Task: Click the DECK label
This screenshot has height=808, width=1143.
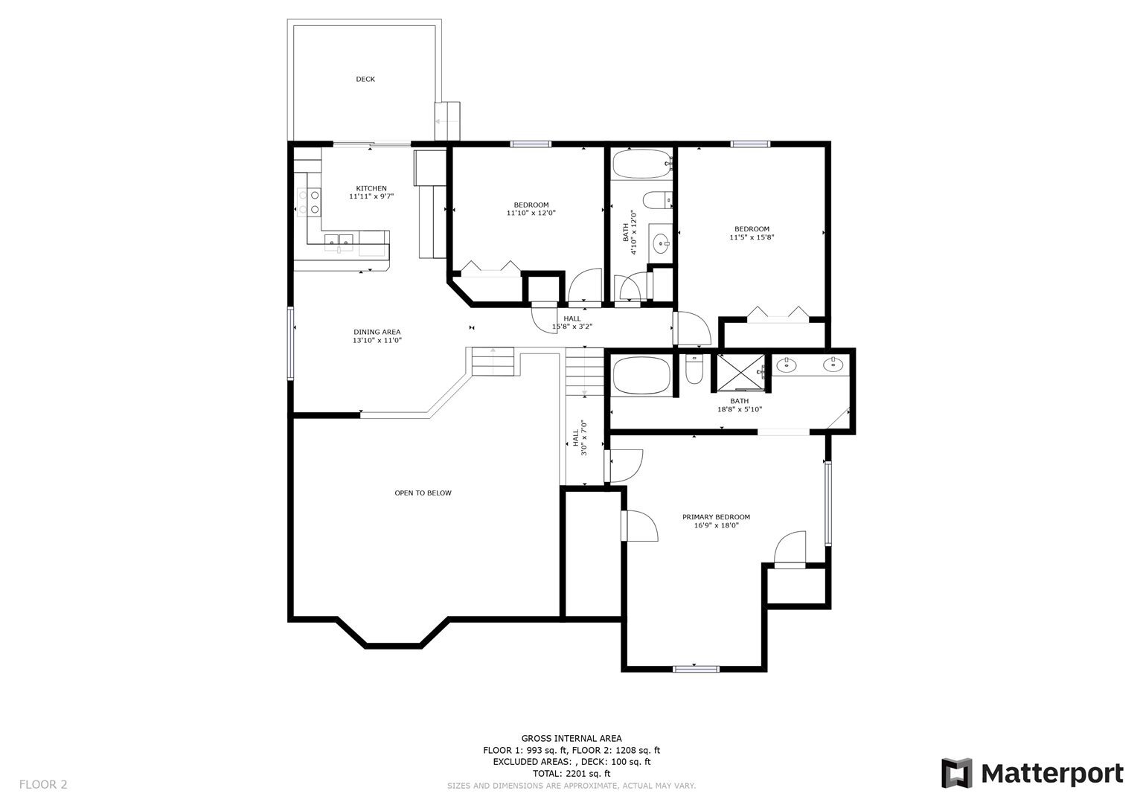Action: coord(365,79)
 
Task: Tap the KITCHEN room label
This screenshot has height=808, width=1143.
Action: coord(371,188)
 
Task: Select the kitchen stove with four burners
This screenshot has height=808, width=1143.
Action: coord(309,201)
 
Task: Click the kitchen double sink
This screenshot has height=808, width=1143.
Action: coord(339,240)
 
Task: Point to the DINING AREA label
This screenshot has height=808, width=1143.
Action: coord(377,332)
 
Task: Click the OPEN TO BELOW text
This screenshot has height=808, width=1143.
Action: coord(423,493)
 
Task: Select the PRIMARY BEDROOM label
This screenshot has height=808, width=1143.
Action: coord(716,517)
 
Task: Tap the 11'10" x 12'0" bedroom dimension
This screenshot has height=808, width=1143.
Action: coord(531,213)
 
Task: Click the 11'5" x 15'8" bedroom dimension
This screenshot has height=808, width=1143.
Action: coord(752,237)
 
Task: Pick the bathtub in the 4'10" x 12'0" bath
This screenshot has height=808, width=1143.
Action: coord(641,164)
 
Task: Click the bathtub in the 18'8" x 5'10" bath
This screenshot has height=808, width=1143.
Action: coord(642,376)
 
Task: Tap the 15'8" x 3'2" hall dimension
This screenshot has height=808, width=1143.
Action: coord(571,327)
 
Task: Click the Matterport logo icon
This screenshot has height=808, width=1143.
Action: coord(957,773)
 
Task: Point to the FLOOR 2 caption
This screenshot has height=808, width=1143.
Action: coord(43,784)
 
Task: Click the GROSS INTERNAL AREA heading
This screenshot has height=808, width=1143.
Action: coord(571,739)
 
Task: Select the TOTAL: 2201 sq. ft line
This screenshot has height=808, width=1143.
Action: coord(571,774)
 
